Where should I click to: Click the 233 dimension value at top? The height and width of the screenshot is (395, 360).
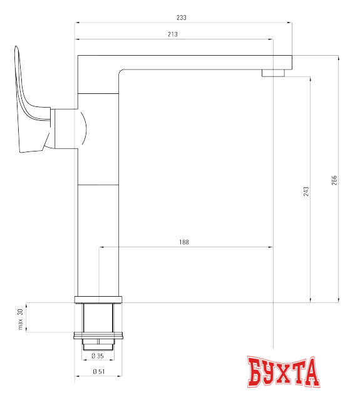[182, 18]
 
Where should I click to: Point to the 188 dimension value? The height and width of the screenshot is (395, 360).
[183, 242]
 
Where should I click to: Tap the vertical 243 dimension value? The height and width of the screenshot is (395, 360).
[306, 190]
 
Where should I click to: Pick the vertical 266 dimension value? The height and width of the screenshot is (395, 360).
[334, 180]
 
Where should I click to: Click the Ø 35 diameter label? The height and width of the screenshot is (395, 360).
[97, 356]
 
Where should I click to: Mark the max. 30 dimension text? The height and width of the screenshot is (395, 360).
[20, 319]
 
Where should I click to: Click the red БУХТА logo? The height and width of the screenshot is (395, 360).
[283, 372]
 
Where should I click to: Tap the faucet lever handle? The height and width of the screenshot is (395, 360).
[28, 106]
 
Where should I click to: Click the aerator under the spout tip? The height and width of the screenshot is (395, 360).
[272, 73]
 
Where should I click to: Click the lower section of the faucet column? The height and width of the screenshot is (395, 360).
[98, 238]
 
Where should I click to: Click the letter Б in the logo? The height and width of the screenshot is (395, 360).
[256, 372]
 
